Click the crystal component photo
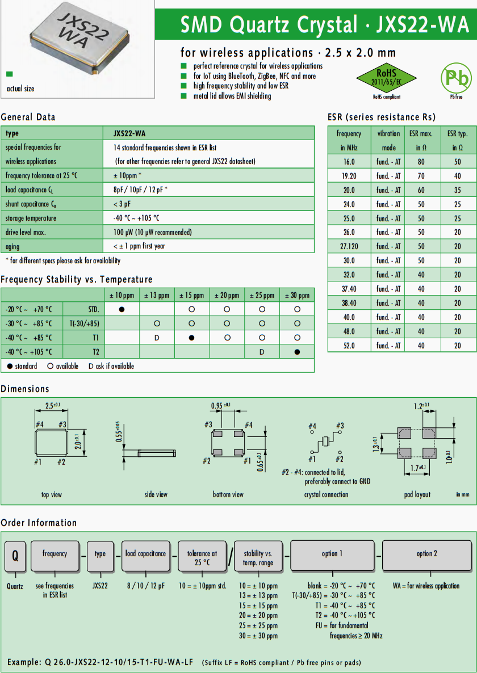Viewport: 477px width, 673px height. point(77,40)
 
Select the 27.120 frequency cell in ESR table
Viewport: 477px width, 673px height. point(349,246)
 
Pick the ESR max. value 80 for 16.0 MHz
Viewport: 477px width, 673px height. point(421,162)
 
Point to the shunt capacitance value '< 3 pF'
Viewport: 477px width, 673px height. point(123,204)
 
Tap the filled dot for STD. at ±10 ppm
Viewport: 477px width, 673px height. point(122,309)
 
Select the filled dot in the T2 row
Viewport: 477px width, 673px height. point(297,352)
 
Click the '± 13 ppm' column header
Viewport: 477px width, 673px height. point(156,295)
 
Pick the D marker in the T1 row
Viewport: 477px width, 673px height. point(157,338)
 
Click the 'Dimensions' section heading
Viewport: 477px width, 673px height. point(25,389)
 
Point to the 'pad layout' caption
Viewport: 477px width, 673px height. point(417,495)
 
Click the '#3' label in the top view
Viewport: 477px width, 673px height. point(62,424)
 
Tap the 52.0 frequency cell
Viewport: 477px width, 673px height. point(349,346)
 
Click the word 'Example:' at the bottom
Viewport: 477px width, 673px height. point(24,662)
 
